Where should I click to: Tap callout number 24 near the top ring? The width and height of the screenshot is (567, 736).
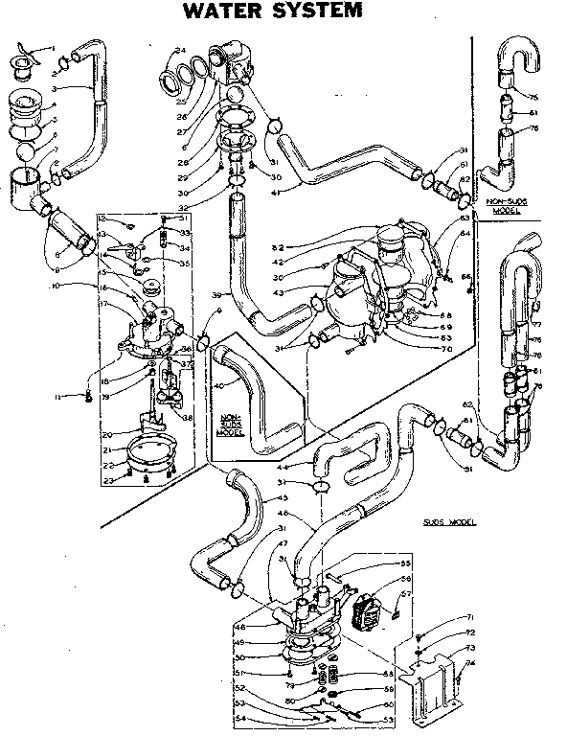click(x=179, y=49)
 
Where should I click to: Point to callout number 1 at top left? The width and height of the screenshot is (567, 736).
click(x=53, y=48)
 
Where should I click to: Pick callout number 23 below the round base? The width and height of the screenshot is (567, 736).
click(x=111, y=481)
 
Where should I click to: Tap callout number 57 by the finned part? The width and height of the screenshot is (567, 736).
click(x=405, y=594)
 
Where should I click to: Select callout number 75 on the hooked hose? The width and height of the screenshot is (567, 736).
click(x=534, y=96)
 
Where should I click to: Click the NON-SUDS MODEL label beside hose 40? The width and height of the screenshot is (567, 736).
click(x=231, y=425)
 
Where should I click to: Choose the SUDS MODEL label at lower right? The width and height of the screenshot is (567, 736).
click(x=449, y=523)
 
